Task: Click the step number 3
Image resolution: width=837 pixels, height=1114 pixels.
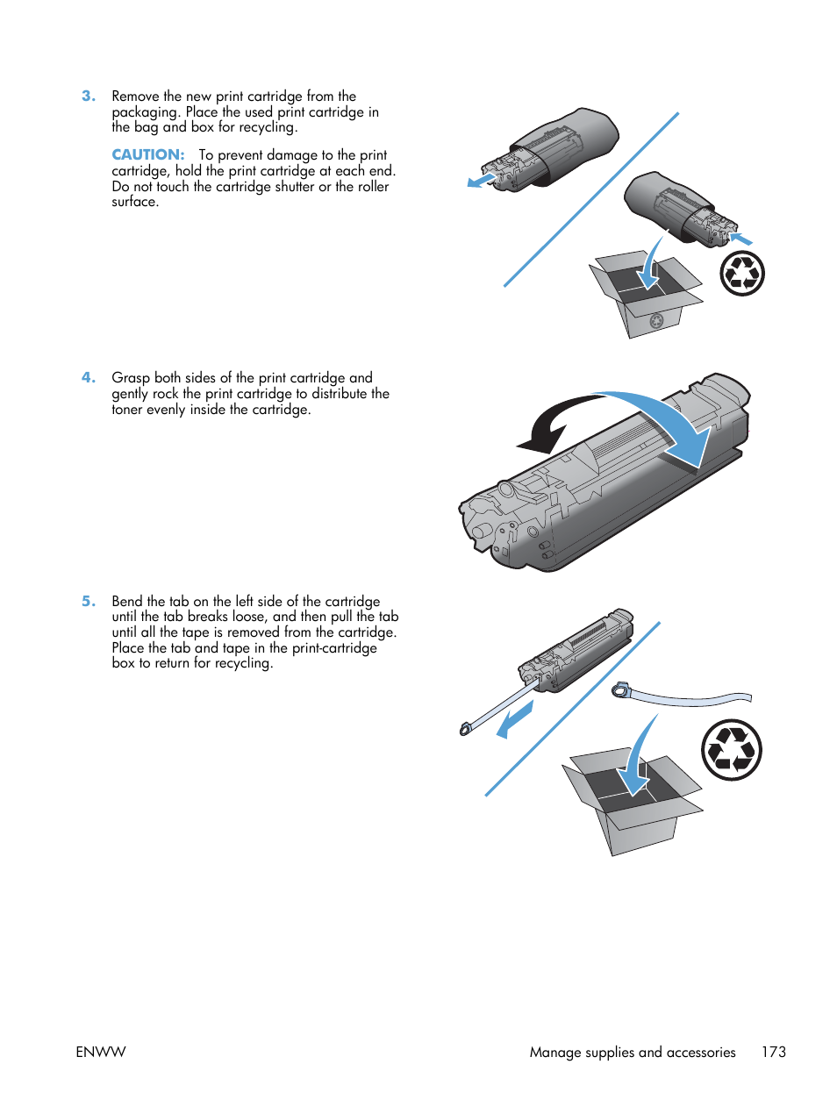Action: [x=89, y=96]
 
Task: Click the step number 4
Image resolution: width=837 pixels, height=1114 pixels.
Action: [x=89, y=377]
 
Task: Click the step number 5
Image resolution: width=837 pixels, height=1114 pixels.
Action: [x=89, y=602]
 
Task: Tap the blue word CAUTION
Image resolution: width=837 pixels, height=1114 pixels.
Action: [x=147, y=154]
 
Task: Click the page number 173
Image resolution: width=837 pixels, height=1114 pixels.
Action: [x=774, y=1052]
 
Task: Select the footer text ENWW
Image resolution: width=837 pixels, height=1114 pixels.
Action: [x=101, y=1052]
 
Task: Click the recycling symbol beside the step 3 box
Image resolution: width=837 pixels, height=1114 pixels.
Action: [x=742, y=275]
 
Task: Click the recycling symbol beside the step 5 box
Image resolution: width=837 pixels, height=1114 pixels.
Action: [x=732, y=750]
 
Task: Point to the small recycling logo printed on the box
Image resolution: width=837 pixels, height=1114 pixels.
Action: [x=657, y=320]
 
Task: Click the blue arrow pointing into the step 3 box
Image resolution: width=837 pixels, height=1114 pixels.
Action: [x=651, y=264]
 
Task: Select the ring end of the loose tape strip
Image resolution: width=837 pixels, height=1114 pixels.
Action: [x=619, y=689]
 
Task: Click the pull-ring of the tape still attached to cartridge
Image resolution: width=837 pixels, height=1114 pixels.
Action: [x=464, y=730]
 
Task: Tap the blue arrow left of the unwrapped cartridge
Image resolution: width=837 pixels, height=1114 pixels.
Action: [x=481, y=180]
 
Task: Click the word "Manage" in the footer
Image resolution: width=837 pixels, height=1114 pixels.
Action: [x=555, y=1053]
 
